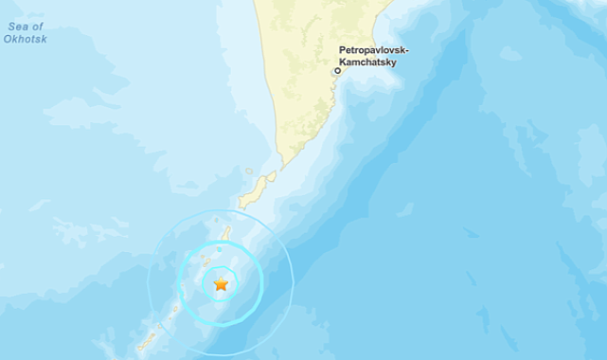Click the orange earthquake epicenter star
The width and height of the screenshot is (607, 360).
tap(221, 283)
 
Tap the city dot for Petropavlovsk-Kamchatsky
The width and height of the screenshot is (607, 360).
tap(336, 70)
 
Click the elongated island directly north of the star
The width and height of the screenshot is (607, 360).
tap(225, 233)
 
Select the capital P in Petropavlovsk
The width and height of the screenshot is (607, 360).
tap(342, 50)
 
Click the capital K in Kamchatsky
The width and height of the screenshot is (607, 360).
tap(342, 63)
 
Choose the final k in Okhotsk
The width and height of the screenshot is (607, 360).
tap(43, 40)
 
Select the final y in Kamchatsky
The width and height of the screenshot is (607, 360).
tap(393, 63)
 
